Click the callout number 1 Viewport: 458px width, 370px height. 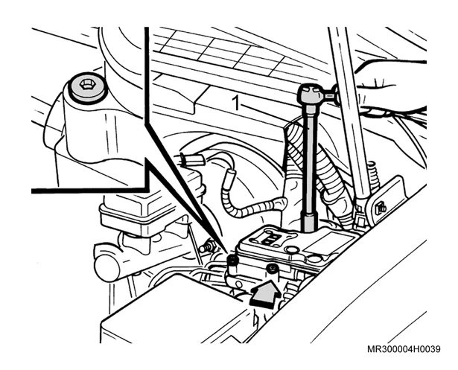tap(235, 103)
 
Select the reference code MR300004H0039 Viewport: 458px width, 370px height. tap(404, 349)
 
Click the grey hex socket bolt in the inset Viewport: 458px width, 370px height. tap(86, 86)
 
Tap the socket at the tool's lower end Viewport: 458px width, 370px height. tap(310, 223)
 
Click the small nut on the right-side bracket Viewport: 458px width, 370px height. tap(381, 208)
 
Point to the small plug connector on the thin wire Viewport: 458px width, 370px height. tap(189, 160)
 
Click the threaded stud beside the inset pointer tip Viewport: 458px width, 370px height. tap(206, 246)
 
